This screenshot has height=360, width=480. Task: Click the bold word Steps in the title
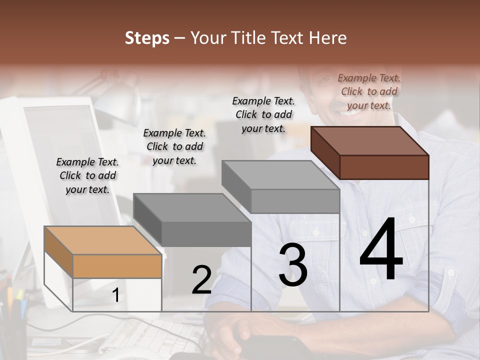(x=147, y=38)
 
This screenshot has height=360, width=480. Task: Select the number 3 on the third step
(x=292, y=265)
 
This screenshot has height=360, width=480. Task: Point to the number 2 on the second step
(x=201, y=280)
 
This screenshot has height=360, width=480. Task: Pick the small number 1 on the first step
(x=115, y=295)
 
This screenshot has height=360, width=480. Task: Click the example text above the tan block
(x=87, y=175)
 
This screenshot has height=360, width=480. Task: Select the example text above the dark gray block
(x=174, y=146)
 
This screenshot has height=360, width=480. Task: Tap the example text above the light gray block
(x=263, y=114)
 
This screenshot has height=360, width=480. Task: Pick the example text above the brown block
(x=369, y=91)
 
